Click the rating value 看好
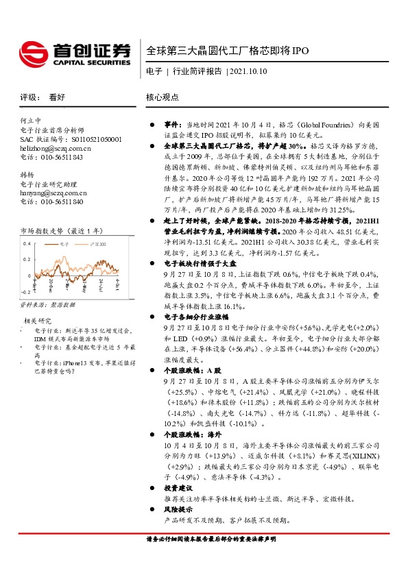tap(57, 97)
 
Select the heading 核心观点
tap(163, 97)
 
